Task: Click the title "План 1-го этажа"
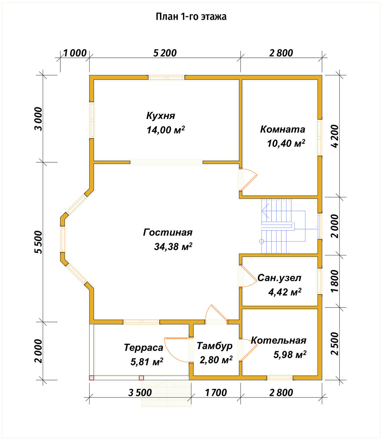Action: pos(191,17)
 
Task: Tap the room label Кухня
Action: pos(161,116)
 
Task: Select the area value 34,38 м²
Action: pos(173,246)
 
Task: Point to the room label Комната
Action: pos(283,129)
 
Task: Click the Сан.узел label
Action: pos(279,278)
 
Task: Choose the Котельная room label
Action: pos(278,340)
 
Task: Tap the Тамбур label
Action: pos(215,346)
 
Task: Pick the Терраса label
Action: pos(144,348)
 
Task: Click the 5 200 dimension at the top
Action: pos(165,53)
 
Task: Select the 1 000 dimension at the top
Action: pos(75,53)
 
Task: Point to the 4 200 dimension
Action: pos(335,136)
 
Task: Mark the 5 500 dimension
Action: pos(38,242)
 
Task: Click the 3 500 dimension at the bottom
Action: pos(140,393)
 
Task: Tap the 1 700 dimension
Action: pos(216,393)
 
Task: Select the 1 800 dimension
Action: pos(335,281)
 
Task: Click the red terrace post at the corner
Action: pos(92,378)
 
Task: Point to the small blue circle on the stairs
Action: pos(261,241)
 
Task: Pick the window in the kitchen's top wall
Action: pos(166,77)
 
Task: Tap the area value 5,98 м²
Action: pos(290,355)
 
